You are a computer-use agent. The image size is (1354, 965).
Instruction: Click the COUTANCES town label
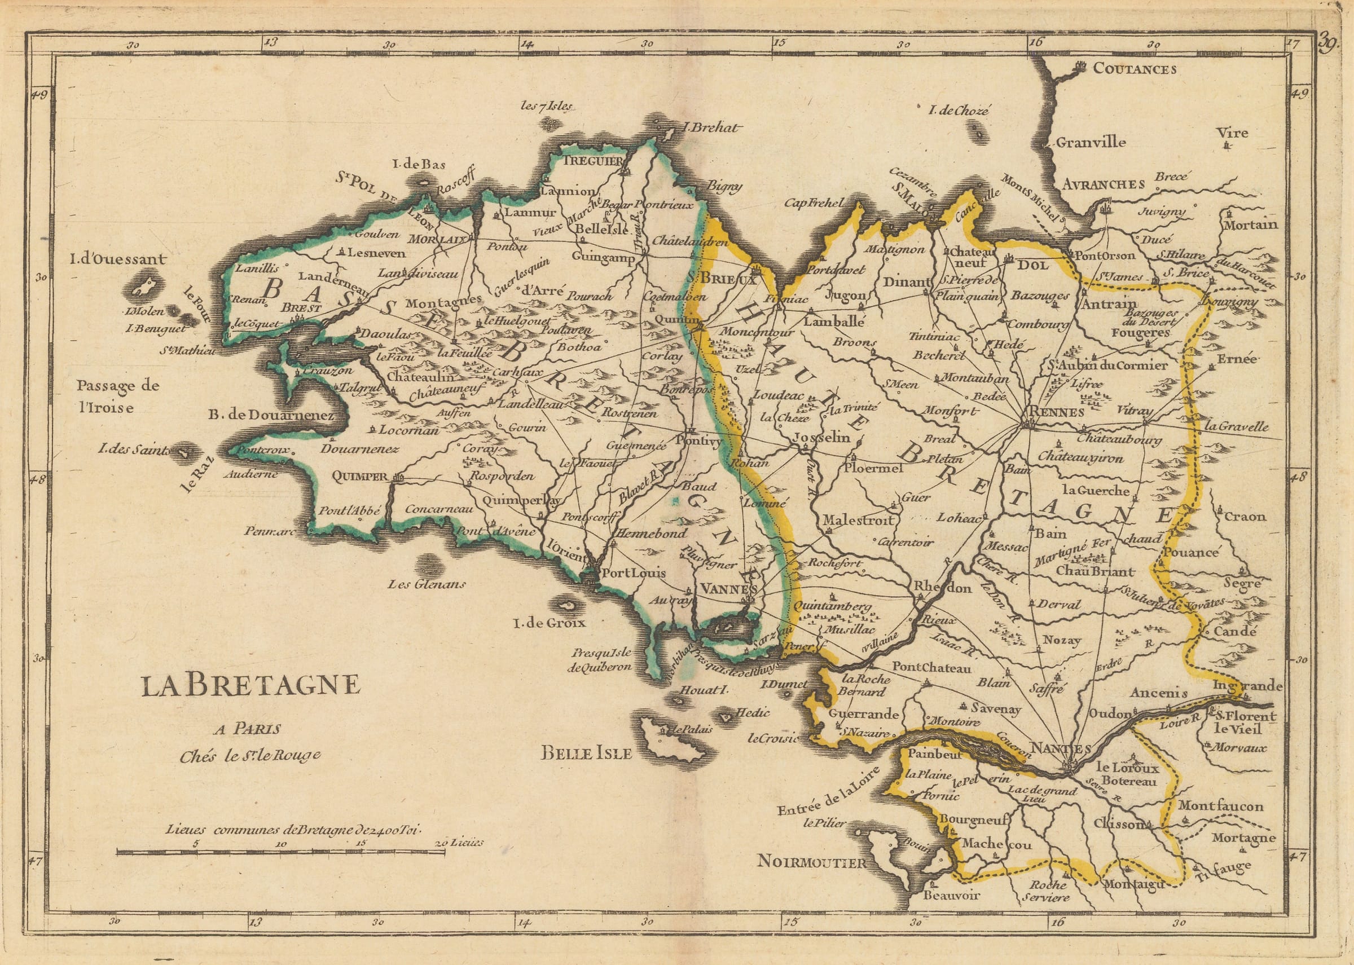pos(1135,69)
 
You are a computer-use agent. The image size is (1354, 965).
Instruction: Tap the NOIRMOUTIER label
pos(812,862)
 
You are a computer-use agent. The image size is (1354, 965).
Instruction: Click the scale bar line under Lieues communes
pos(280,852)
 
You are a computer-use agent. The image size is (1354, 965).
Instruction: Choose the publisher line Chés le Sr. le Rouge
pos(250,755)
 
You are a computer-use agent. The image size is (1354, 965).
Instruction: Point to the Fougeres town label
pos(1140,333)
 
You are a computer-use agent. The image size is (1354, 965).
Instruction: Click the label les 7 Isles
pos(546,107)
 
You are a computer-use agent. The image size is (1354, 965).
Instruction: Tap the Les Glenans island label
pos(426,584)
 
